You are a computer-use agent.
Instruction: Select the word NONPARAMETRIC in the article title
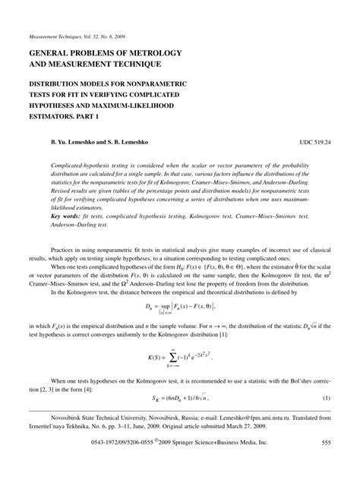click(x=159, y=84)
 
